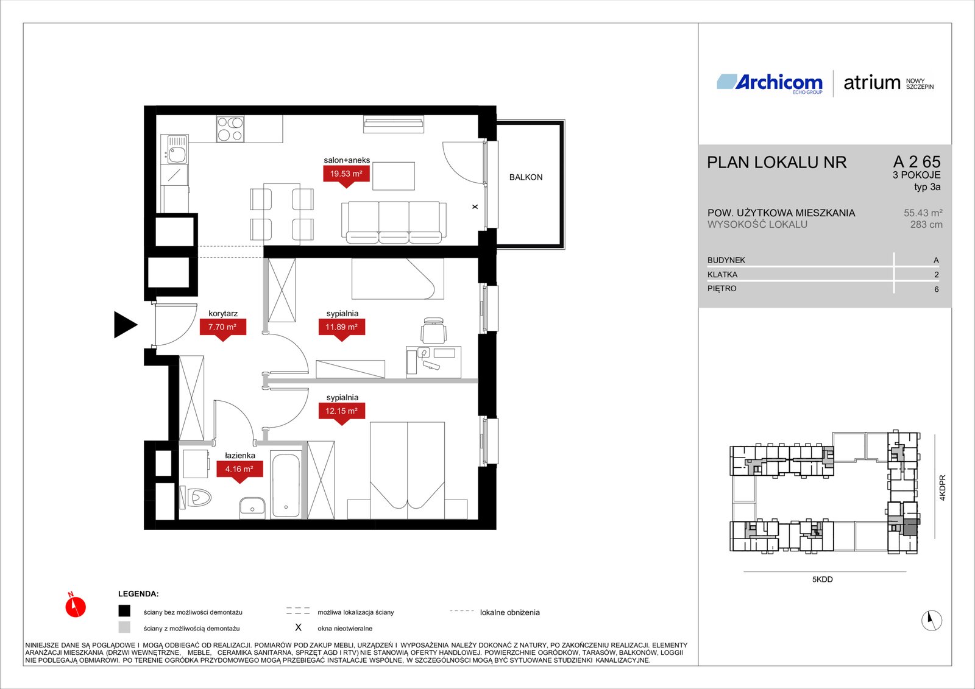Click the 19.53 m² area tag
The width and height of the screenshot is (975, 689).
347,174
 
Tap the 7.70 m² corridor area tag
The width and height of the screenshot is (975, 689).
223,327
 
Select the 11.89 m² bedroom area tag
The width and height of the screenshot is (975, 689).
342,327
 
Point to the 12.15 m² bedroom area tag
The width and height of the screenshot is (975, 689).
342,411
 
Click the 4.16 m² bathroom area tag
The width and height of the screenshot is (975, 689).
239,469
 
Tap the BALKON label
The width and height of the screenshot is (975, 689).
526,177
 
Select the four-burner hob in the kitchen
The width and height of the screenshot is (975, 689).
230,129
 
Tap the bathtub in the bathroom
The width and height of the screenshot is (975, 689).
286,484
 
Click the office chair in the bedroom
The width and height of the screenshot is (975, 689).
433,331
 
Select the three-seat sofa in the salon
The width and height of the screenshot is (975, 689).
394,222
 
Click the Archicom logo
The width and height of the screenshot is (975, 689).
770,83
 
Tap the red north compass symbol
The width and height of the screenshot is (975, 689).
76,606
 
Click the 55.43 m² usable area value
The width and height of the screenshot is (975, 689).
923,213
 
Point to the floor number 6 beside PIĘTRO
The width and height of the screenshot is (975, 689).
936,289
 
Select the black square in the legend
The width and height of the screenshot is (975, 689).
124,611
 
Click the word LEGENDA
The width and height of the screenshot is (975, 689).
138,594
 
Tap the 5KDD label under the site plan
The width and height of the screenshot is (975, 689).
822,579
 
